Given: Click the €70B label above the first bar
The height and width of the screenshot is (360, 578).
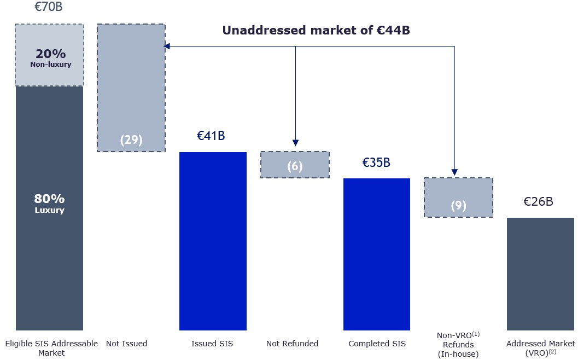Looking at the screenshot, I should pyautogui.click(x=48, y=8).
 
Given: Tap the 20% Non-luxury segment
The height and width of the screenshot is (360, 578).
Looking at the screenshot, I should pyautogui.click(x=49, y=55).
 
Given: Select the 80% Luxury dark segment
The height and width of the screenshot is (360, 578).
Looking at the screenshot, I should pyautogui.click(x=49, y=208).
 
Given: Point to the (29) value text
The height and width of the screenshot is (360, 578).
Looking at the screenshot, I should pyautogui.click(x=131, y=140).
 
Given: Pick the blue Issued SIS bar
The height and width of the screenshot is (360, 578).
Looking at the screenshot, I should pyautogui.click(x=213, y=241).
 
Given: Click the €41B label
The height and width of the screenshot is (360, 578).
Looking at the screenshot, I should pyautogui.click(x=211, y=136).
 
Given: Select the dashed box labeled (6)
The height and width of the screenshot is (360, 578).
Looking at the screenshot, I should pyautogui.click(x=295, y=165).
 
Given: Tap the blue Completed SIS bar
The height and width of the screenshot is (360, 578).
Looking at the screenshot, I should pyautogui.click(x=376, y=254).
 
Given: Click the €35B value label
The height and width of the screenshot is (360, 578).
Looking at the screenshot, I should pyautogui.click(x=376, y=162).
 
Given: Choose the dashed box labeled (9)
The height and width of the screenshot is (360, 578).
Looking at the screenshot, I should pyautogui.click(x=458, y=198).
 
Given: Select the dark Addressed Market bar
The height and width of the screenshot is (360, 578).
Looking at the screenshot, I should pyautogui.click(x=540, y=274).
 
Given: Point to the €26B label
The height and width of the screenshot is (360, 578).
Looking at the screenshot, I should pyautogui.click(x=538, y=201).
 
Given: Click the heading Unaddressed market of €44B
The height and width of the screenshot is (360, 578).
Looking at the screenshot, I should pyautogui.click(x=316, y=31).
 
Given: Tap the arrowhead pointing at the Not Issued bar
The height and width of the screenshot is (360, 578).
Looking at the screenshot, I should pyautogui.click(x=167, y=47).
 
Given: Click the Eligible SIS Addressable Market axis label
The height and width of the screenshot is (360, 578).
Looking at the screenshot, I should pyautogui.click(x=51, y=348).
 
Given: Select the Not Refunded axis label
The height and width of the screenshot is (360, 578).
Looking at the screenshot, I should pyautogui.click(x=292, y=344).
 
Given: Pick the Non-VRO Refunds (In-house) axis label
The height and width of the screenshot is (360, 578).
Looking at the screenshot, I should pyautogui.click(x=458, y=344).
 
